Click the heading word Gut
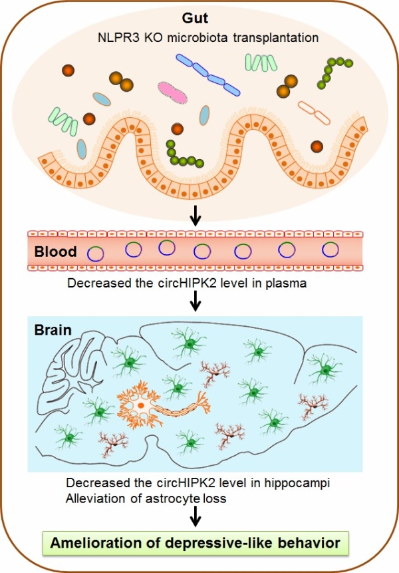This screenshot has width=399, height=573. click(x=195, y=18)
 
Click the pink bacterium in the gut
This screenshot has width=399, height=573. click(x=172, y=92)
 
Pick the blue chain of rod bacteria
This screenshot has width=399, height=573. click(x=208, y=75)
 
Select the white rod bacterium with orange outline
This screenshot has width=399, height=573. click(x=315, y=112)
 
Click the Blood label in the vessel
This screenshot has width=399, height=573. click(x=55, y=252)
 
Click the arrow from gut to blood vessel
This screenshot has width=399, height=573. click(x=196, y=216)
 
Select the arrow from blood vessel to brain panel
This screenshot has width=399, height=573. click(x=196, y=301)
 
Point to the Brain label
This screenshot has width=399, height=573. click(x=53, y=330)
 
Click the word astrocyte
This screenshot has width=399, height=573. click(x=173, y=498)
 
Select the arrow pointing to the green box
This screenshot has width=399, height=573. click(x=196, y=516)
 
